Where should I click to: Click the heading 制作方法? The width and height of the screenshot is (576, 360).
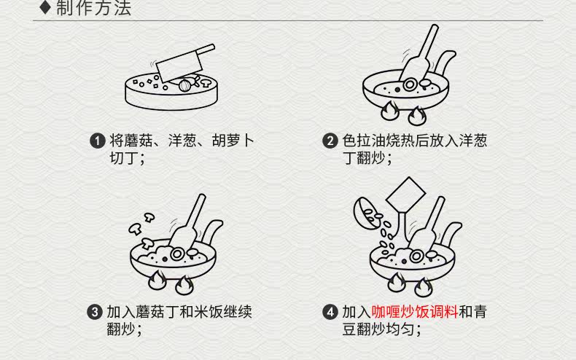(x=93, y=7)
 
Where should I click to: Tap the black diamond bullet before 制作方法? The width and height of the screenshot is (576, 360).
(x=44, y=7)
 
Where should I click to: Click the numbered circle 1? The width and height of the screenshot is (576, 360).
(x=98, y=141)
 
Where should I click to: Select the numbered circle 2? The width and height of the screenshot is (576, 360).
(x=330, y=141)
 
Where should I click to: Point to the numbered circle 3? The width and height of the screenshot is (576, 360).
(x=94, y=312)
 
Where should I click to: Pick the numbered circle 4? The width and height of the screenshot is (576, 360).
(x=330, y=312)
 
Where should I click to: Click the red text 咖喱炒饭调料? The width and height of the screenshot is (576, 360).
(x=415, y=312)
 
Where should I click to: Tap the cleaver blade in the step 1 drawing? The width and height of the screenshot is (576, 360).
(x=179, y=67)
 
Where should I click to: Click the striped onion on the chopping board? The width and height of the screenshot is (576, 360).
(x=184, y=85)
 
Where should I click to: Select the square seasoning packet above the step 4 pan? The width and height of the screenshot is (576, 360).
(x=405, y=195)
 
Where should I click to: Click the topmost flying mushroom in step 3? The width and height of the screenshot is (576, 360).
(x=149, y=216)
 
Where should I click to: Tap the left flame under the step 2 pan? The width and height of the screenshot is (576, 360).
(x=390, y=111)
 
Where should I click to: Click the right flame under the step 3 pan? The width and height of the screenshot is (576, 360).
(x=184, y=285)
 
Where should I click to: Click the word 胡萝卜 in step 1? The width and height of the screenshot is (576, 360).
(x=233, y=141)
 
